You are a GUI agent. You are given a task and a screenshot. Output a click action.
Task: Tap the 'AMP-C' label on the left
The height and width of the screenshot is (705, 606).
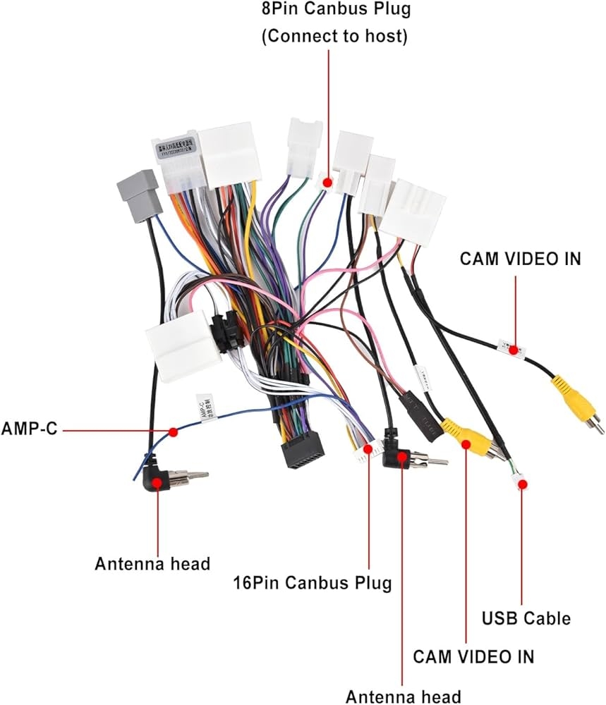pos(29,429)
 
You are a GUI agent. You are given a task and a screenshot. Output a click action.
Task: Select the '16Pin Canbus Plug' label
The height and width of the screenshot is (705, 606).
pos(313,583)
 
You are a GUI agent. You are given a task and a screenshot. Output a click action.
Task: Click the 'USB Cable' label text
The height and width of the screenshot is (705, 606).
pos(526,618)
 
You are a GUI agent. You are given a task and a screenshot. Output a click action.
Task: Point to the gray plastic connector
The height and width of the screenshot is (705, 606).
pos(138,192)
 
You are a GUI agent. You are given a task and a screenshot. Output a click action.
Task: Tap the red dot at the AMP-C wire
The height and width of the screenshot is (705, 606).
pos(172,431)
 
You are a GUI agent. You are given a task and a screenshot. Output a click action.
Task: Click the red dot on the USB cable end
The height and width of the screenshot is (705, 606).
pos(522,484)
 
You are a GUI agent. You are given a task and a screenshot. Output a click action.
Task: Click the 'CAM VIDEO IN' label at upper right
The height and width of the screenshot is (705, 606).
pos(521,259)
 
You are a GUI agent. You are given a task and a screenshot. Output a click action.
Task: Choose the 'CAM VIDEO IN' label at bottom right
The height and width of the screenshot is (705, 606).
pos(473,656)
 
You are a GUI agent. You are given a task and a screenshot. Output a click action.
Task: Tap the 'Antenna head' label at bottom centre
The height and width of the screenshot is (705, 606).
pos(403,695)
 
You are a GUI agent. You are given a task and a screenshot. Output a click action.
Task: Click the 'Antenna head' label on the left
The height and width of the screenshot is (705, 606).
pos(152,564)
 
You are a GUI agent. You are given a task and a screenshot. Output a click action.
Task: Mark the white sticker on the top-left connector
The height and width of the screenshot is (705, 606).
pos(178,148)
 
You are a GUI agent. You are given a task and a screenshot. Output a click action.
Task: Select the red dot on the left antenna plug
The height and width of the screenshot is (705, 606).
pos(157,483)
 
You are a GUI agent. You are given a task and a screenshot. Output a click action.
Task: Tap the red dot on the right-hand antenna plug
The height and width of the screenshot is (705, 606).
pos(401,457)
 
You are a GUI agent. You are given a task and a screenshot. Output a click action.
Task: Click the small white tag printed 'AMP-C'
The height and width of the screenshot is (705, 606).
pos(207,408)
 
